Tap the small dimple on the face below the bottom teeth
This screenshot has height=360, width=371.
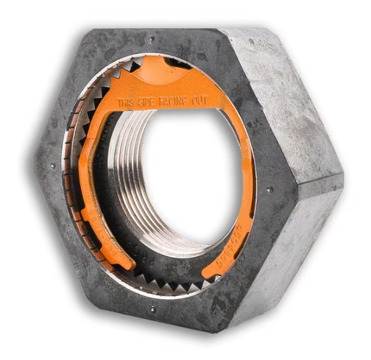pyautogui.click(x=152, y=309)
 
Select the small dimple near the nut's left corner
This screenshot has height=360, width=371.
pyautogui.click(x=52, y=166)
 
